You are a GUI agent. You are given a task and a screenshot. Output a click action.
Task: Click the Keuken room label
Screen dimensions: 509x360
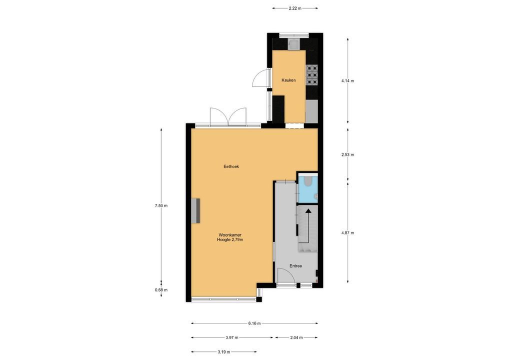(288, 80)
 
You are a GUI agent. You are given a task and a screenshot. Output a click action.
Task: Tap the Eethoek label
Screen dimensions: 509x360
(231, 166)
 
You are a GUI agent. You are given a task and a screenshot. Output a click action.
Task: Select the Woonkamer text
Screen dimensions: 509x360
(230, 235)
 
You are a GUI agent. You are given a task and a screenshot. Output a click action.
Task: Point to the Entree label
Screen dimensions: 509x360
(295, 266)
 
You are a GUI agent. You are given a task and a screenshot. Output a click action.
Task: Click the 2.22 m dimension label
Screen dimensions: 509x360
(295, 8)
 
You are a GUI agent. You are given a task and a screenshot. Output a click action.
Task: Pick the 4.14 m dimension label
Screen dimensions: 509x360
(347, 81)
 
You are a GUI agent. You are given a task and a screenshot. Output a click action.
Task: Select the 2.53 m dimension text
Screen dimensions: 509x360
(347, 154)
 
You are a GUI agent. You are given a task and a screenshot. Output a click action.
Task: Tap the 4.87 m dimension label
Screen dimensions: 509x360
(347, 233)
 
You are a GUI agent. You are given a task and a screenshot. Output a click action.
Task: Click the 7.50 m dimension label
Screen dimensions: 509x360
(161, 205)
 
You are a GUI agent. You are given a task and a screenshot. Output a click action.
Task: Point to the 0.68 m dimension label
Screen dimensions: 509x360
(161, 290)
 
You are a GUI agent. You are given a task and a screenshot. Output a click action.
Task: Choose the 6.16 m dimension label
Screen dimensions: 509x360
(254, 323)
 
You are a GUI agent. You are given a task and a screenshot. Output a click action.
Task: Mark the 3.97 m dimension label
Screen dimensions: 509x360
(232, 337)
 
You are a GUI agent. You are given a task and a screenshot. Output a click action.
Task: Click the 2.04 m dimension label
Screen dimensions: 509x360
(296, 337)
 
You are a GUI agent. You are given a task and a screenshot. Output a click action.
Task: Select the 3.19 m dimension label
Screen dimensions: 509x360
(224, 352)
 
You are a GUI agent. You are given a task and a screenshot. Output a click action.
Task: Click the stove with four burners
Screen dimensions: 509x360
(312, 74)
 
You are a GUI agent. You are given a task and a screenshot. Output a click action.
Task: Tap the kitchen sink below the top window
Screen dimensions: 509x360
(293, 44)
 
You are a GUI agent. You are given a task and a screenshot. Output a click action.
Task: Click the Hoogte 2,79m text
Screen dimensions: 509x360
(230, 240)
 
